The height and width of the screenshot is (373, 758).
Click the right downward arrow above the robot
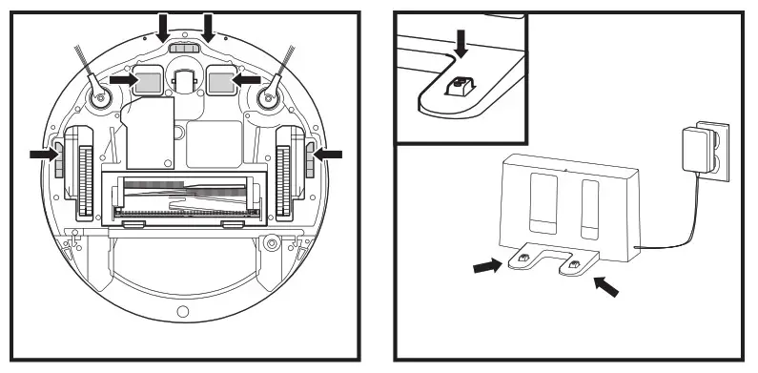point(207,26)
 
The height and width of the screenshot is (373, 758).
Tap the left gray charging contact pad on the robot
point(148,82)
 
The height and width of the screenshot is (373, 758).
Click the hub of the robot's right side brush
point(267,95)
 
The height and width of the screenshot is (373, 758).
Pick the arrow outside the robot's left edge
point(42,154)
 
